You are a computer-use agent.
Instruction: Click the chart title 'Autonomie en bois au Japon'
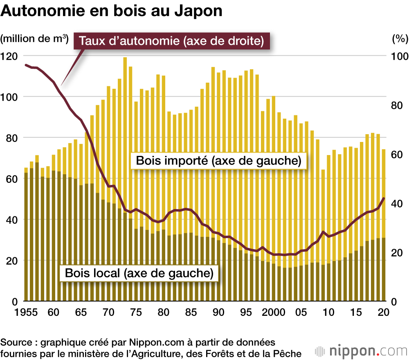click(x=112, y=11)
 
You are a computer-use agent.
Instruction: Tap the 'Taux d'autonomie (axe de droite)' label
click(x=169, y=41)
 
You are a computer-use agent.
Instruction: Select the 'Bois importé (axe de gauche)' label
click(x=218, y=161)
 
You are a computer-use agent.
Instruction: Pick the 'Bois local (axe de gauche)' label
click(x=139, y=273)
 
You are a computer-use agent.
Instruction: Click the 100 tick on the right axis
click(x=400, y=56)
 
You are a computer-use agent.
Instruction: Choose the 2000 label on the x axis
click(x=274, y=312)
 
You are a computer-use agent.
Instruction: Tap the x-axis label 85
click(x=191, y=312)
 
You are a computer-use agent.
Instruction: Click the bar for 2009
click(x=323, y=235)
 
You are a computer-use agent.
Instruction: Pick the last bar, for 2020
click(x=383, y=225)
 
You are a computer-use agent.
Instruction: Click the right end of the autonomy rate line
click(x=384, y=198)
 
